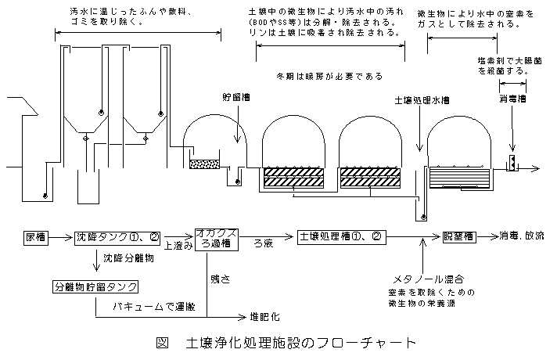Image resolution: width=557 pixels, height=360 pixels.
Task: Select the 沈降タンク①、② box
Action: [x=110, y=236]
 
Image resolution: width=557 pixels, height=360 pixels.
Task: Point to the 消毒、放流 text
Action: [x=523, y=236]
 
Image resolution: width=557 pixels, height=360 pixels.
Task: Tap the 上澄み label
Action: [x=178, y=245]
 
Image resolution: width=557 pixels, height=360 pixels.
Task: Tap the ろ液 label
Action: [x=263, y=245]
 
